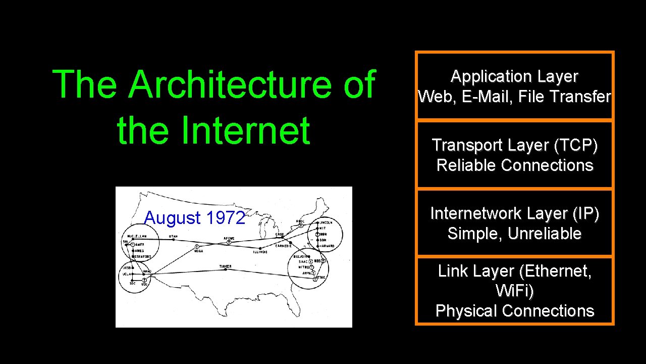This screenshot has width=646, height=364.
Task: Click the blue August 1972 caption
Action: point(194,218)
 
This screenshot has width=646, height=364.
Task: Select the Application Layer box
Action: point(514,86)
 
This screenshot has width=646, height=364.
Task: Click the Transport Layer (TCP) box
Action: point(514,155)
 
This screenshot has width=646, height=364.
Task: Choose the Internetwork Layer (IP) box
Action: point(514,223)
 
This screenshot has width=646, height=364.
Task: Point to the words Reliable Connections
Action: point(514,165)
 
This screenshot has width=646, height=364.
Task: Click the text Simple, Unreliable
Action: point(514,234)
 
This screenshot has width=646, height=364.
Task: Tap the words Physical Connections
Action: point(514,310)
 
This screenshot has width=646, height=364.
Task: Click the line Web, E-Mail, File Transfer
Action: point(514,97)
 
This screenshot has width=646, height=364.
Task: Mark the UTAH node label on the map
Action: point(173,237)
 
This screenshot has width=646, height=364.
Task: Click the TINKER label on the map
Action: point(225,266)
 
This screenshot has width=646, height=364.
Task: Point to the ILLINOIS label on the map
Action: point(260,251)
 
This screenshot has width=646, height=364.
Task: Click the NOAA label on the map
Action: point(197,251)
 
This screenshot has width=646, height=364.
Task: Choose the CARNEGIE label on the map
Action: point(284,246)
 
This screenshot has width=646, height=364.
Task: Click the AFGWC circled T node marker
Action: point(229,243)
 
